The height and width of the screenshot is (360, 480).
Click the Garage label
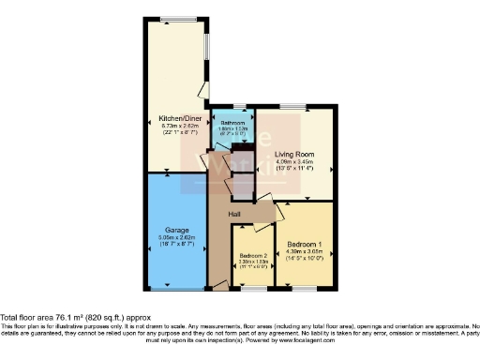178,230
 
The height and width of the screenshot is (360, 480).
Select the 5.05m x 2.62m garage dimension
178,237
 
